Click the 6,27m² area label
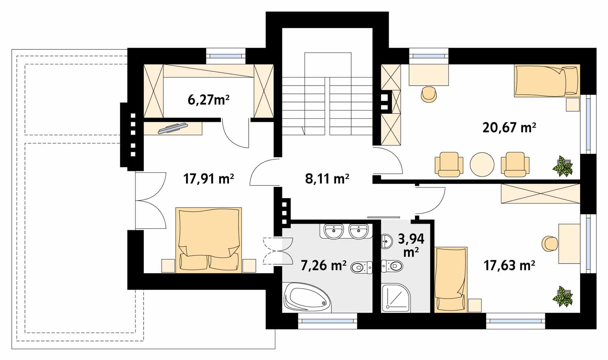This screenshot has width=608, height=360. (208, 100)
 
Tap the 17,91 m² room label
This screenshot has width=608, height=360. (208, 179)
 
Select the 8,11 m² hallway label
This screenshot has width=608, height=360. (327, 179)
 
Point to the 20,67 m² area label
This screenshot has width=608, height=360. (509, 128)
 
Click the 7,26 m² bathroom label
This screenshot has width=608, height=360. (323, 265)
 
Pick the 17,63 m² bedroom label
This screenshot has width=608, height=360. (509, 265)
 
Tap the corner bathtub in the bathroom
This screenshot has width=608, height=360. (307, 297)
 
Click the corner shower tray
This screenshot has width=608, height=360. (396, 297)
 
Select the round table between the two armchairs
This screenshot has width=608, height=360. (482, 164)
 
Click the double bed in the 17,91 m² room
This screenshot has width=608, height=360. (208, 240)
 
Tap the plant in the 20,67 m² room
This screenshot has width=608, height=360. (563, 166)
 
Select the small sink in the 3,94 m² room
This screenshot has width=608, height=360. (386, 241)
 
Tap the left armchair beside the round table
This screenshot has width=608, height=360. (449, 164)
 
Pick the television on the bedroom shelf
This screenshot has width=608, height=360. (173, 128)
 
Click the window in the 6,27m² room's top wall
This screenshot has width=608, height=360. (226, 56)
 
